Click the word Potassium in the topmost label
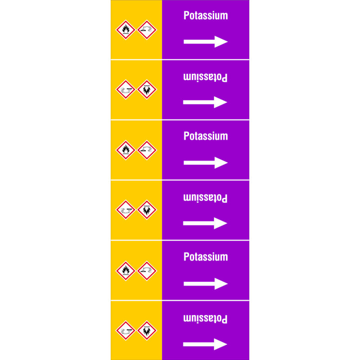click(x=206, y=16)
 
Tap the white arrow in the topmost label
click(x=206, y=41)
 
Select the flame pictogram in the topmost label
click(x=126, y=30)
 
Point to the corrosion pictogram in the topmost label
click(x=147, y=30)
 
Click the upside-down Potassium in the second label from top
click(x=205, y=77)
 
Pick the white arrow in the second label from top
click(x=205, y=102)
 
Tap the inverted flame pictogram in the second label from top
click(x=147, y=90)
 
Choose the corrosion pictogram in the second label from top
click(x=126, y=90)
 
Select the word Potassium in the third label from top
click(x=206, y=136)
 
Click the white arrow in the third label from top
click(x=206, y=163)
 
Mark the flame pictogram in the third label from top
click(x=126, y=150)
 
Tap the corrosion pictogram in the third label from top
click(x=147, y=150)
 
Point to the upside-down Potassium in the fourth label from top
click(x=205, y=198)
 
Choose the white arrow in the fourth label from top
click(x=205, y=223)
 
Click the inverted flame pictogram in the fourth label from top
click(x=147, y=210)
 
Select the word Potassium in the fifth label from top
click(x=206, y=257)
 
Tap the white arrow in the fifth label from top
click(x=206, y=284)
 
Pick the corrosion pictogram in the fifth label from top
click(x=147, y=271)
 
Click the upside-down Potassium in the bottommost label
click(x=205, y=319)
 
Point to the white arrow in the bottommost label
click(x=205, y=344)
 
